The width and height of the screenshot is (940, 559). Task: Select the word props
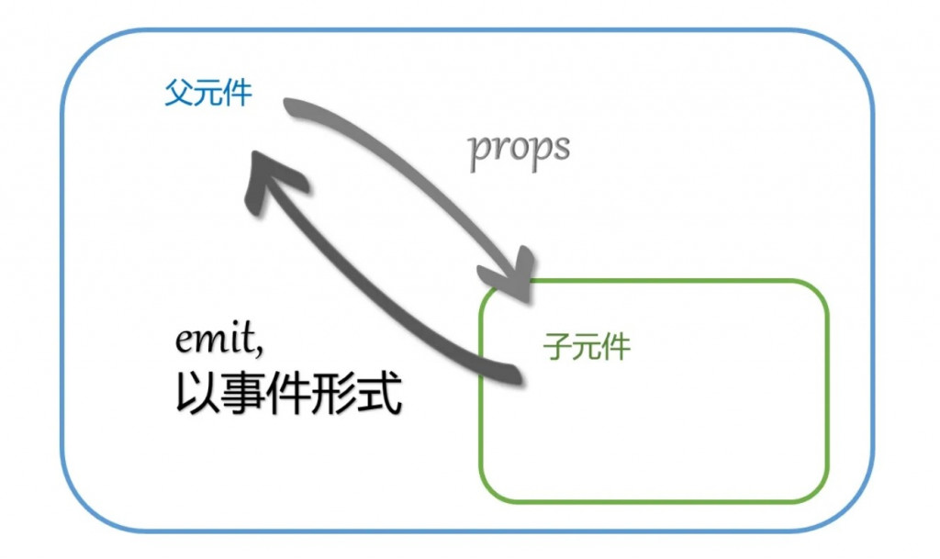coord(519,150)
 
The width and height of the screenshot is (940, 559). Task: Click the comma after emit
coord(263,350)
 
